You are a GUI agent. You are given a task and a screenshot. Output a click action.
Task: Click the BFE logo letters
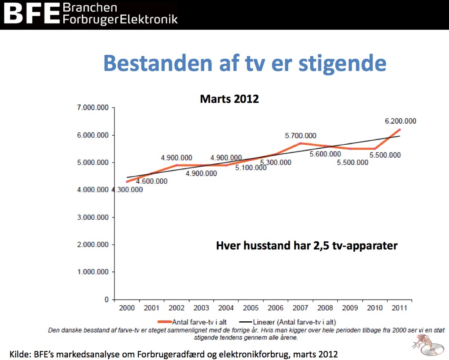[x=31, y=13]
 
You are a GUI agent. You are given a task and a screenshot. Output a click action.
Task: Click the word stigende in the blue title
[x=343, y=64]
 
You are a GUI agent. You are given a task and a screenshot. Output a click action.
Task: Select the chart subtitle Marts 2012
[x=229, y=99]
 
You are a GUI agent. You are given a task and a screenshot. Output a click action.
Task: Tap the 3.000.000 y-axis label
[x=93, y=217]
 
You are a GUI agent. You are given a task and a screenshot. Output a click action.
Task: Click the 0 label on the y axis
[x=106, y=299]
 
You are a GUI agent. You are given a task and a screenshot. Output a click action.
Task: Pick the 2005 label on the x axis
[x=251, y=308]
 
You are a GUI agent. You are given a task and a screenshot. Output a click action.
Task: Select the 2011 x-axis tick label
[x=400, y=308]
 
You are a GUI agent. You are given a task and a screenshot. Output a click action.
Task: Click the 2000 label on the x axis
[x=127, y=308]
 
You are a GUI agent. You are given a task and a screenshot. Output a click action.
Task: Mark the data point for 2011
[x=400, y=129]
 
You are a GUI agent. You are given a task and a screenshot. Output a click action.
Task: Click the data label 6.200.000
[x=401, y=121]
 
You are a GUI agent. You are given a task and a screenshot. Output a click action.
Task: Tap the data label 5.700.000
[x=300, y=136]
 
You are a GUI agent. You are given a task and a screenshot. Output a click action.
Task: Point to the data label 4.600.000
[x=151, y=181]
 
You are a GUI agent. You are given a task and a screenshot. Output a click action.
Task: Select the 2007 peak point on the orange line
[x=300, y=143]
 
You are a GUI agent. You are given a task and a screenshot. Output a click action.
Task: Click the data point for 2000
[x=127, y=182]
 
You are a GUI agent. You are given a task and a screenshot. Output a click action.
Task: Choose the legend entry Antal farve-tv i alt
[x=192, y=322]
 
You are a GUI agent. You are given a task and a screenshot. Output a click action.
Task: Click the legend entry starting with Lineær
[x=287, y=322]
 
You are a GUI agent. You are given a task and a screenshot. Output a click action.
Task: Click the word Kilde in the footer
[x=20, y=354]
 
